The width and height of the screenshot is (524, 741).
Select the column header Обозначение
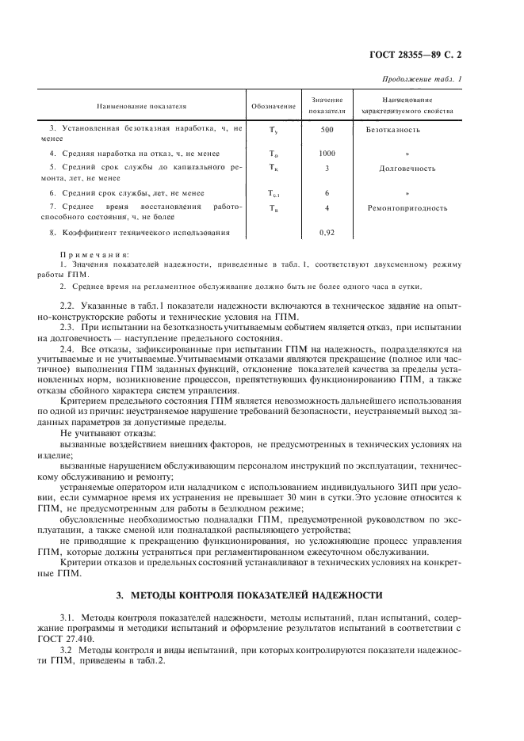click(x=273, y=105)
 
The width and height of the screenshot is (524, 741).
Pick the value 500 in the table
click(x=327, y=129)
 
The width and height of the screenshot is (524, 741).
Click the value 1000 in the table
click(x=327, y=153)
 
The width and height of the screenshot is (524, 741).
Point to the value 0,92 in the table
click(x=327, y=233)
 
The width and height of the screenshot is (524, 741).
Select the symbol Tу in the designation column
click(x=273, y=129)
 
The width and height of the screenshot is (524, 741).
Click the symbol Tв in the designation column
click(x=273, y=208)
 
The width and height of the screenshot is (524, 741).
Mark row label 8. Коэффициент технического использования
click(x=140, y=233)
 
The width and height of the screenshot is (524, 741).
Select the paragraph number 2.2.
click(x=68, y=304)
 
